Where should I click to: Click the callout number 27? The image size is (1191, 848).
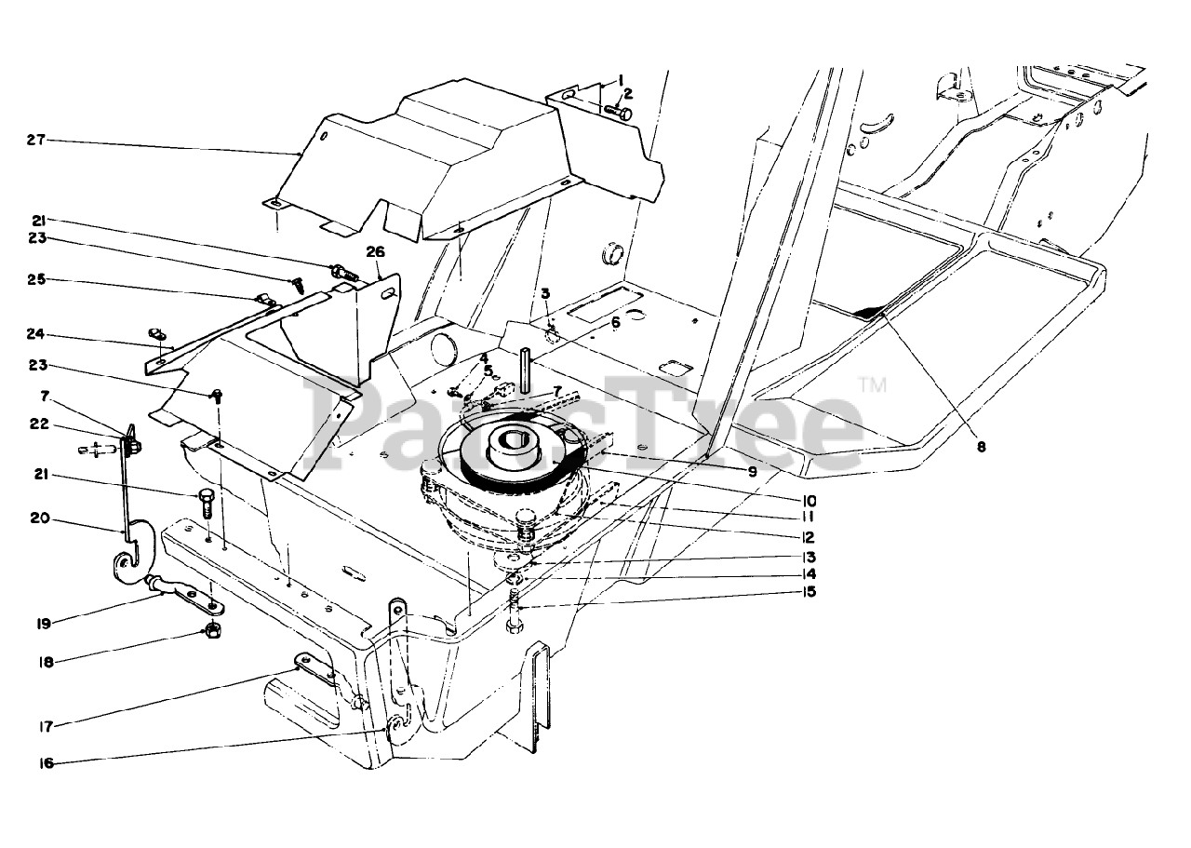pos(35,141)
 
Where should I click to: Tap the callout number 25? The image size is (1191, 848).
pos(35,280)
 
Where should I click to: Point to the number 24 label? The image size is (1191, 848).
pos(35,334)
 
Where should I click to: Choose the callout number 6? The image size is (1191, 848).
pos(615,323)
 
